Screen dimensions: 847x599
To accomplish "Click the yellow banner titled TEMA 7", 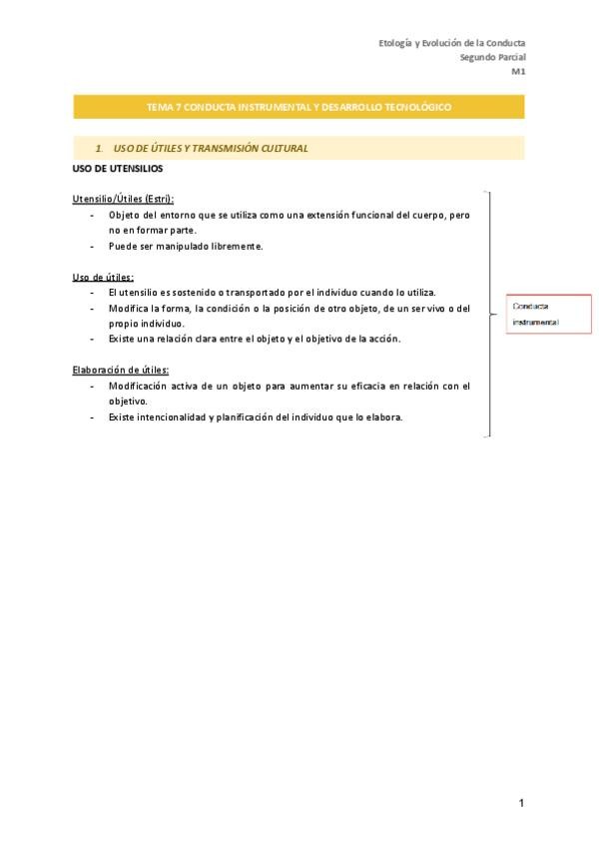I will click(x=299, y=106).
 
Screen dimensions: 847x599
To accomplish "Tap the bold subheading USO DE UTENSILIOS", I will click(x=117, y=168).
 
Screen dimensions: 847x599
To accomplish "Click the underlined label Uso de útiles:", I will click(x=103, y=277).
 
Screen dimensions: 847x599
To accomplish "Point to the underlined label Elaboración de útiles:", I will click(x=120, y=370).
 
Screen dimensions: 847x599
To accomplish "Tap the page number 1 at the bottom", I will click(x=521, y=803).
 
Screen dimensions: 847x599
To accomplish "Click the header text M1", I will click(x=518, y=72).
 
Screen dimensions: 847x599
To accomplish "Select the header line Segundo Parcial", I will click(x=492, y=57).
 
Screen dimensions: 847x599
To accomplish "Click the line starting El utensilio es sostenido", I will click(x=272, y=293).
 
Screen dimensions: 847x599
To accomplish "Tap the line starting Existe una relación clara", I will click(x=255, y=339).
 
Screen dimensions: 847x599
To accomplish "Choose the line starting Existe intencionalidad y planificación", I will click(x=256, y=417).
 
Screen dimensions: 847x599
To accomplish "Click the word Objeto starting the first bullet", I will click(x=125, y=215).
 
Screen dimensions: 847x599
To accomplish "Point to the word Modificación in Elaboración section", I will click(x=138, y=386).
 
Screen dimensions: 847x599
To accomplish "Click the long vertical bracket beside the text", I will click(x=488, y=314).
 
